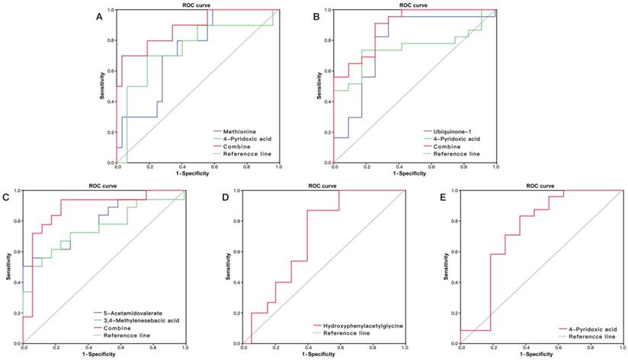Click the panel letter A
[98, 16]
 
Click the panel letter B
[316, 16]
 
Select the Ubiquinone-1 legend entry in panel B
[453, 131]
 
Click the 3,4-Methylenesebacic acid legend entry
[137, 320]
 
